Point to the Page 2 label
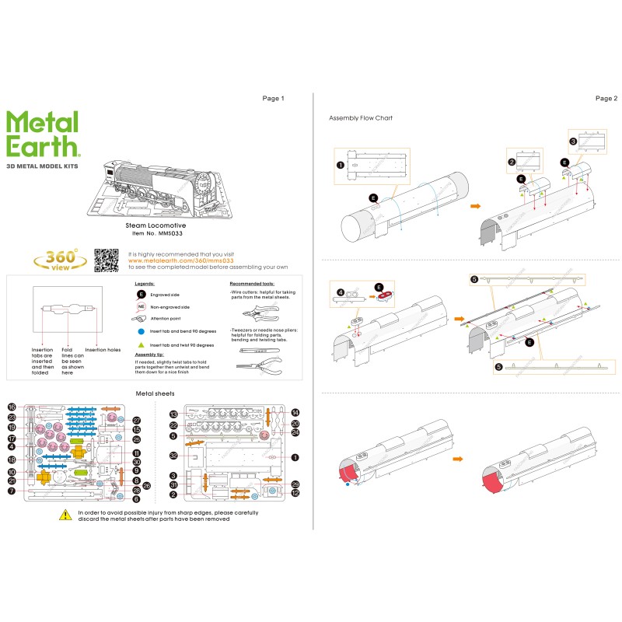click(606, 99)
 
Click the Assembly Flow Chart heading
click(361, 118)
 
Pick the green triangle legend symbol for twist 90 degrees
click(142, 343)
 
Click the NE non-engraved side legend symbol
click(142, 307)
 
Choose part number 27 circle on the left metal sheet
click(136, 420)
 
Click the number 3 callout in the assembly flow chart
click(572, 142)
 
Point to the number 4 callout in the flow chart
click(341, 293)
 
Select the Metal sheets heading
click(155, 393)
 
